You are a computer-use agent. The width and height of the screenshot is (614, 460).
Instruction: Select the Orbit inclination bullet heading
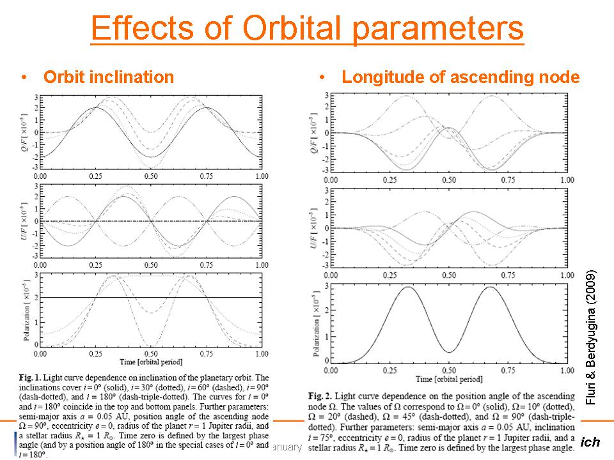[108, 77]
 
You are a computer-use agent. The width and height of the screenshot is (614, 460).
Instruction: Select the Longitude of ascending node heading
[460, 77]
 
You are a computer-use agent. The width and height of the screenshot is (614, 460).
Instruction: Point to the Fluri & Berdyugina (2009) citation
[591, 335]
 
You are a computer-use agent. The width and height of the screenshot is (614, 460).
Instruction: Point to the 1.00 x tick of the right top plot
[565, 180]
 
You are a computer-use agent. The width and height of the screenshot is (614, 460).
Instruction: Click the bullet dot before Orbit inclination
[24, 77]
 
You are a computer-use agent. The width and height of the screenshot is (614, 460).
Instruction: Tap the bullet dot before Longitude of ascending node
[324, 77]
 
